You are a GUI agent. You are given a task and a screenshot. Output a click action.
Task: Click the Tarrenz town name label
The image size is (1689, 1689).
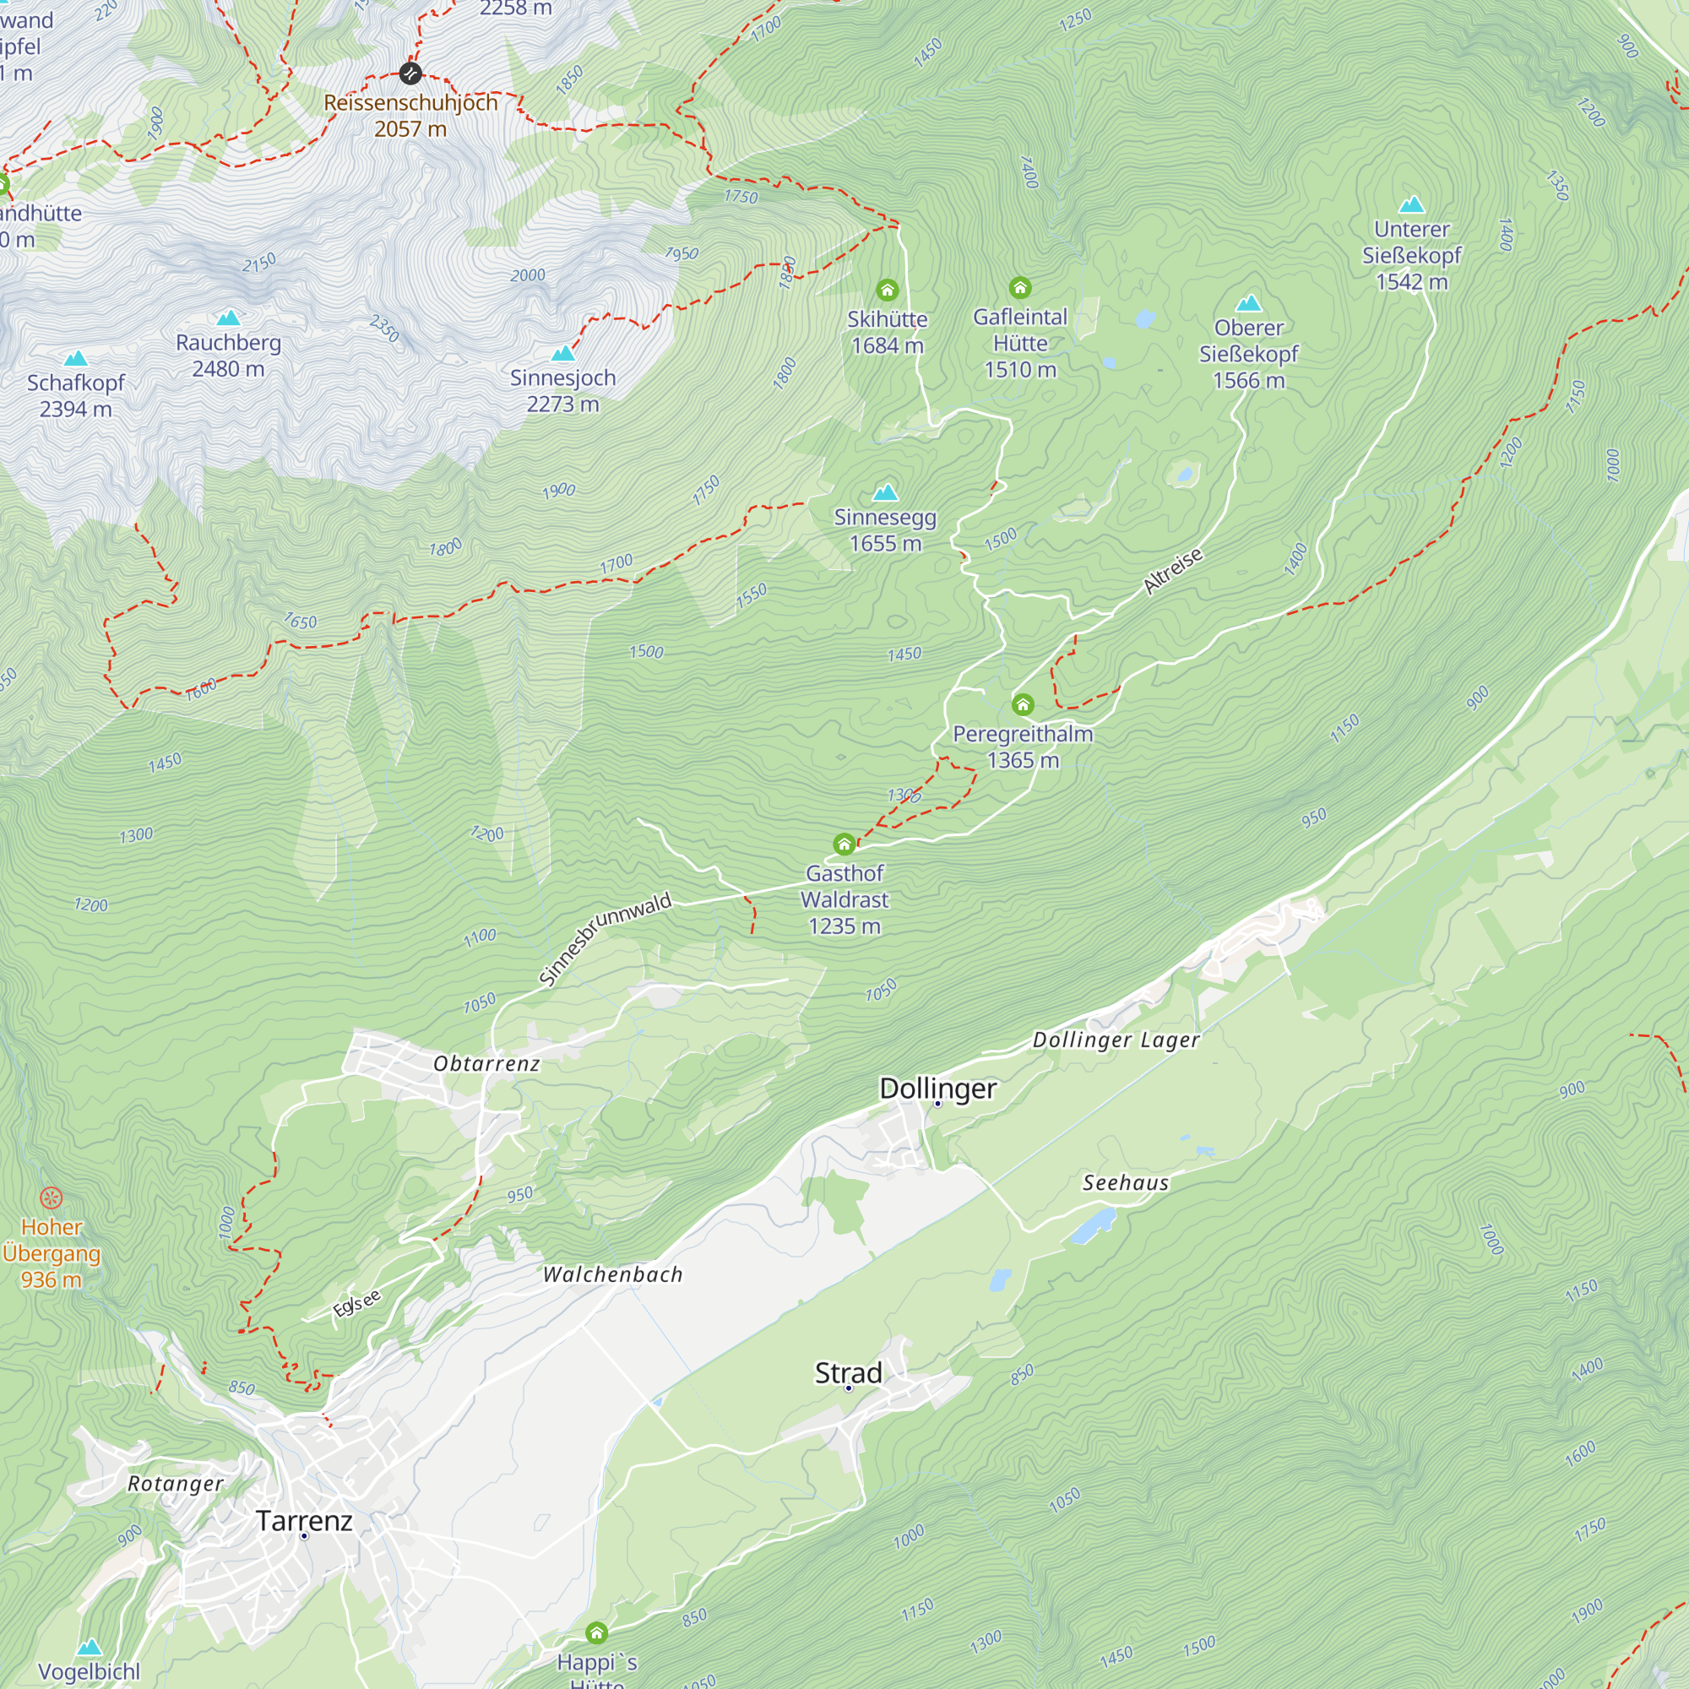tap(304, 1520)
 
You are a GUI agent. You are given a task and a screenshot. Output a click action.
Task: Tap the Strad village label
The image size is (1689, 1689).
tap(848, 1372)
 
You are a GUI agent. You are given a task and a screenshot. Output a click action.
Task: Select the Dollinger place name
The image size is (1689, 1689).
tap(937, 1089)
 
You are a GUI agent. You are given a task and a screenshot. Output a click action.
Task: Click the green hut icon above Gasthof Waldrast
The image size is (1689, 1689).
tap(844, 844)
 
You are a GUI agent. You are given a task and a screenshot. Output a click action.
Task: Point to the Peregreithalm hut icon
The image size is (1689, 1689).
tap(1023, 703)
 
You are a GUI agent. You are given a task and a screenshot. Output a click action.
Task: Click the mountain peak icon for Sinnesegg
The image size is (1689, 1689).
tap(886, 491)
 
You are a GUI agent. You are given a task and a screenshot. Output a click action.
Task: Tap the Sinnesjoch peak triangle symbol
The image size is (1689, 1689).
tap(563, 353)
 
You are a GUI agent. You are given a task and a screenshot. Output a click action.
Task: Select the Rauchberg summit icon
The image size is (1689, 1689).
tap(228, 318)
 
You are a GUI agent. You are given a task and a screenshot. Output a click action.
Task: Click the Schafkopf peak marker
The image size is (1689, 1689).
tap(76, 358)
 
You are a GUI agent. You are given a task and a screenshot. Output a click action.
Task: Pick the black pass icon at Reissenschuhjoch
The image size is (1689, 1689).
tap(410, 73)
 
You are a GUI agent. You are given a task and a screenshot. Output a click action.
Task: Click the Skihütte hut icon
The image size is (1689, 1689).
tap(888, 290)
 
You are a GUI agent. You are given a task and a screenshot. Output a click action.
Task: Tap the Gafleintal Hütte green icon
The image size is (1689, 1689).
tap(1020, 287)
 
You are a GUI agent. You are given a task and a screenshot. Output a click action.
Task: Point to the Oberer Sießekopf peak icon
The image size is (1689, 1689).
tap(1248, 303)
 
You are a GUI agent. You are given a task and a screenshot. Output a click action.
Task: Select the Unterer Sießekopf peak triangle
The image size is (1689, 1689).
tap(1412, 204)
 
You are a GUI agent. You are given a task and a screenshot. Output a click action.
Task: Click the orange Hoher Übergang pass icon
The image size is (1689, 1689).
tap(52, 1198)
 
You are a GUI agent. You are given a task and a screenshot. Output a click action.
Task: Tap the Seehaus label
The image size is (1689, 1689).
tap(1125, 1183)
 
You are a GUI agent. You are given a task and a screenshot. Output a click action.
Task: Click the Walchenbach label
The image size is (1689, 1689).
tap(612, 1274)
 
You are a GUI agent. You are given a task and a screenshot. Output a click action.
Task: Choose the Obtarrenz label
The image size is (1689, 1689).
tap(486, 1064)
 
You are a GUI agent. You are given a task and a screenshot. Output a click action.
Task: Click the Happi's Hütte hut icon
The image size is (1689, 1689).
tap(596, 1632)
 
